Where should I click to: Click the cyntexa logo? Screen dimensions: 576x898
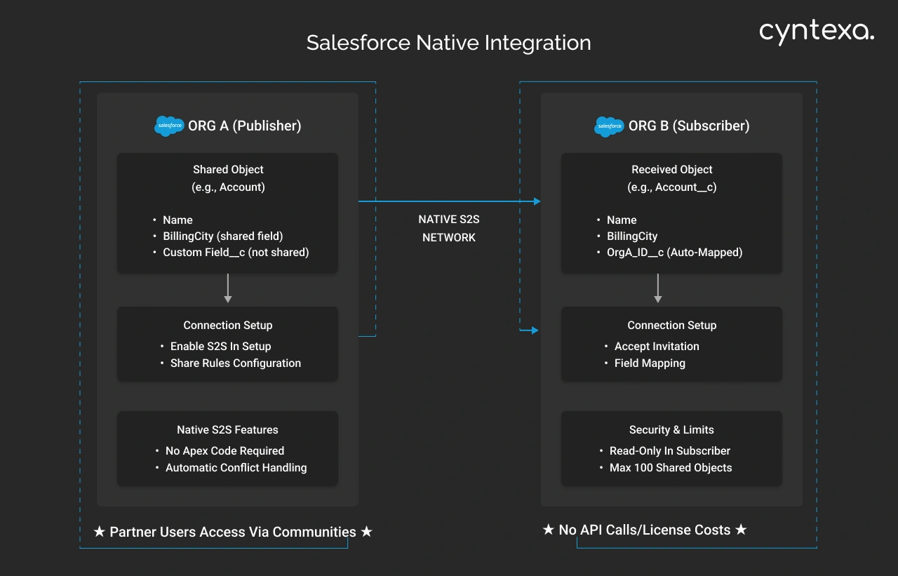tap(817, 32)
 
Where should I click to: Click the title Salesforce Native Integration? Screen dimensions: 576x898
tap(448, 43)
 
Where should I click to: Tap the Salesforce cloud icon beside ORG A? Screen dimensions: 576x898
tap(169, 126)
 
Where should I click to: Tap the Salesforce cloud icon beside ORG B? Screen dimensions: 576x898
tap(609, 126)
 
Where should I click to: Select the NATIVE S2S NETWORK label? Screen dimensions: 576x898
tap(449, 229)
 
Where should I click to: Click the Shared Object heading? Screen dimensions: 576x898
tap(228, 170)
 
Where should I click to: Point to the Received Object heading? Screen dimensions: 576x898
tap(671, 170)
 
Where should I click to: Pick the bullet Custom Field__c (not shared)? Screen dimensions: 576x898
tap(236, 253)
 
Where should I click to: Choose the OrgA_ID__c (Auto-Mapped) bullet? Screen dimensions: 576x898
tap(674, 253)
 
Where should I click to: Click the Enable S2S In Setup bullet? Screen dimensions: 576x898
tap(220, 347)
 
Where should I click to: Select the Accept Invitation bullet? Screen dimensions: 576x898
tap(657, 347)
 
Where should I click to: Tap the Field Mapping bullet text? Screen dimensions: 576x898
tap(650, 363)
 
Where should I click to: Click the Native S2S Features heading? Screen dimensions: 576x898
tap(227, 430)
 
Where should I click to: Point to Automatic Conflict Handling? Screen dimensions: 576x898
tap(236, 468)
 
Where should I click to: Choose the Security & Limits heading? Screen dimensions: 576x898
tap(671, 430)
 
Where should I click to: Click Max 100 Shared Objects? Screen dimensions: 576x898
tap(671, 468)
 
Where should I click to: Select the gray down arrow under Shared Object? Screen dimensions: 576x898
tap(227, 288)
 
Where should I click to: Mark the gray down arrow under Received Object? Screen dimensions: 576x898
tap(657, 288)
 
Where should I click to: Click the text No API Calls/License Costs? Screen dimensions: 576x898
tap(645, 530)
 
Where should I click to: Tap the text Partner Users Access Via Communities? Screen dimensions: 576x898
tap(233, 533)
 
